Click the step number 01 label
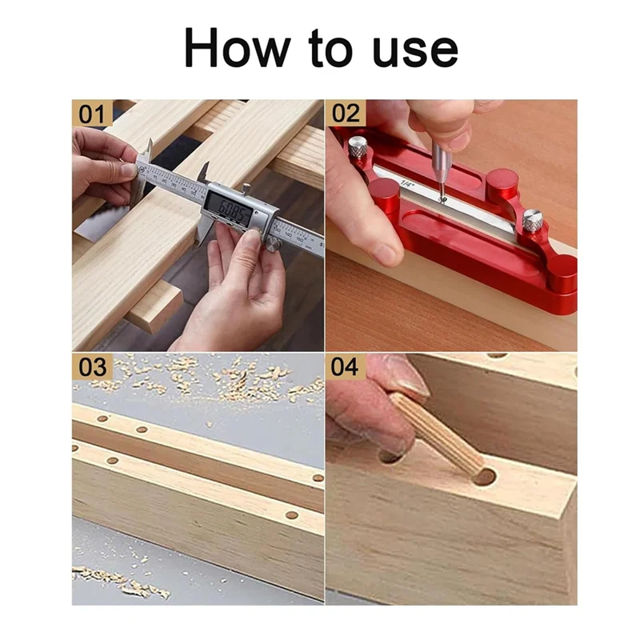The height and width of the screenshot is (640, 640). (90, 114)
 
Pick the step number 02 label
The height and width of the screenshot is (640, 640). (344, 114)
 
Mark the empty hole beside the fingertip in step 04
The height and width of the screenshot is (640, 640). (391, 457)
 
